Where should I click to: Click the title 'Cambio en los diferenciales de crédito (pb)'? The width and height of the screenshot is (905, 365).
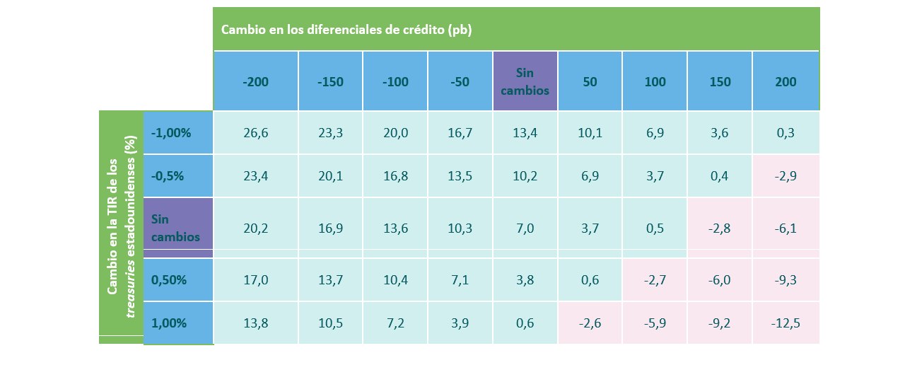(346, 30)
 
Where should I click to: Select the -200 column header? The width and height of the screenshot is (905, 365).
(255, 81)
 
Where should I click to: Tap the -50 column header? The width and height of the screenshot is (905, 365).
(460, 81)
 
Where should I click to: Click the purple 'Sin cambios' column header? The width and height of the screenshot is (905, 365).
(525, 81)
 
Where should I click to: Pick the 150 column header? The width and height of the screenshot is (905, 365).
(720, 81)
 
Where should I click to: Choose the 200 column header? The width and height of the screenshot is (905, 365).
(785, 81)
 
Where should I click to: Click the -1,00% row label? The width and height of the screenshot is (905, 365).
(172, 132)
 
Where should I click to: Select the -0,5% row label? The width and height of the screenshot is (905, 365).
(168, 175)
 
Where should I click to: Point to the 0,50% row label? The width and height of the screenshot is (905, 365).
(169, 279)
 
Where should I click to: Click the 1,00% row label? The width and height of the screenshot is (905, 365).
(169, 323)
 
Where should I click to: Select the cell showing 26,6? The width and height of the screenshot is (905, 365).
(255, 132)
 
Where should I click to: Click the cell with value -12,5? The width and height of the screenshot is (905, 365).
(786, 323)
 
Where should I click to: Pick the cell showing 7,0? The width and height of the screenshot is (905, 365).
(525, 228)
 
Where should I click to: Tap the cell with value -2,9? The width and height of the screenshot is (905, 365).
(786, 175)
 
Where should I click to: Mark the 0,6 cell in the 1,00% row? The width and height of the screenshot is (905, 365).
(525, 323)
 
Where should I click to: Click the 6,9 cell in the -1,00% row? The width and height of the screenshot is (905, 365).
(655, 132)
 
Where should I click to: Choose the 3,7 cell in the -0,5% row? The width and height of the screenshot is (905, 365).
(655, 175)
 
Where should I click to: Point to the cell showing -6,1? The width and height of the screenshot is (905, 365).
(786, 228)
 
